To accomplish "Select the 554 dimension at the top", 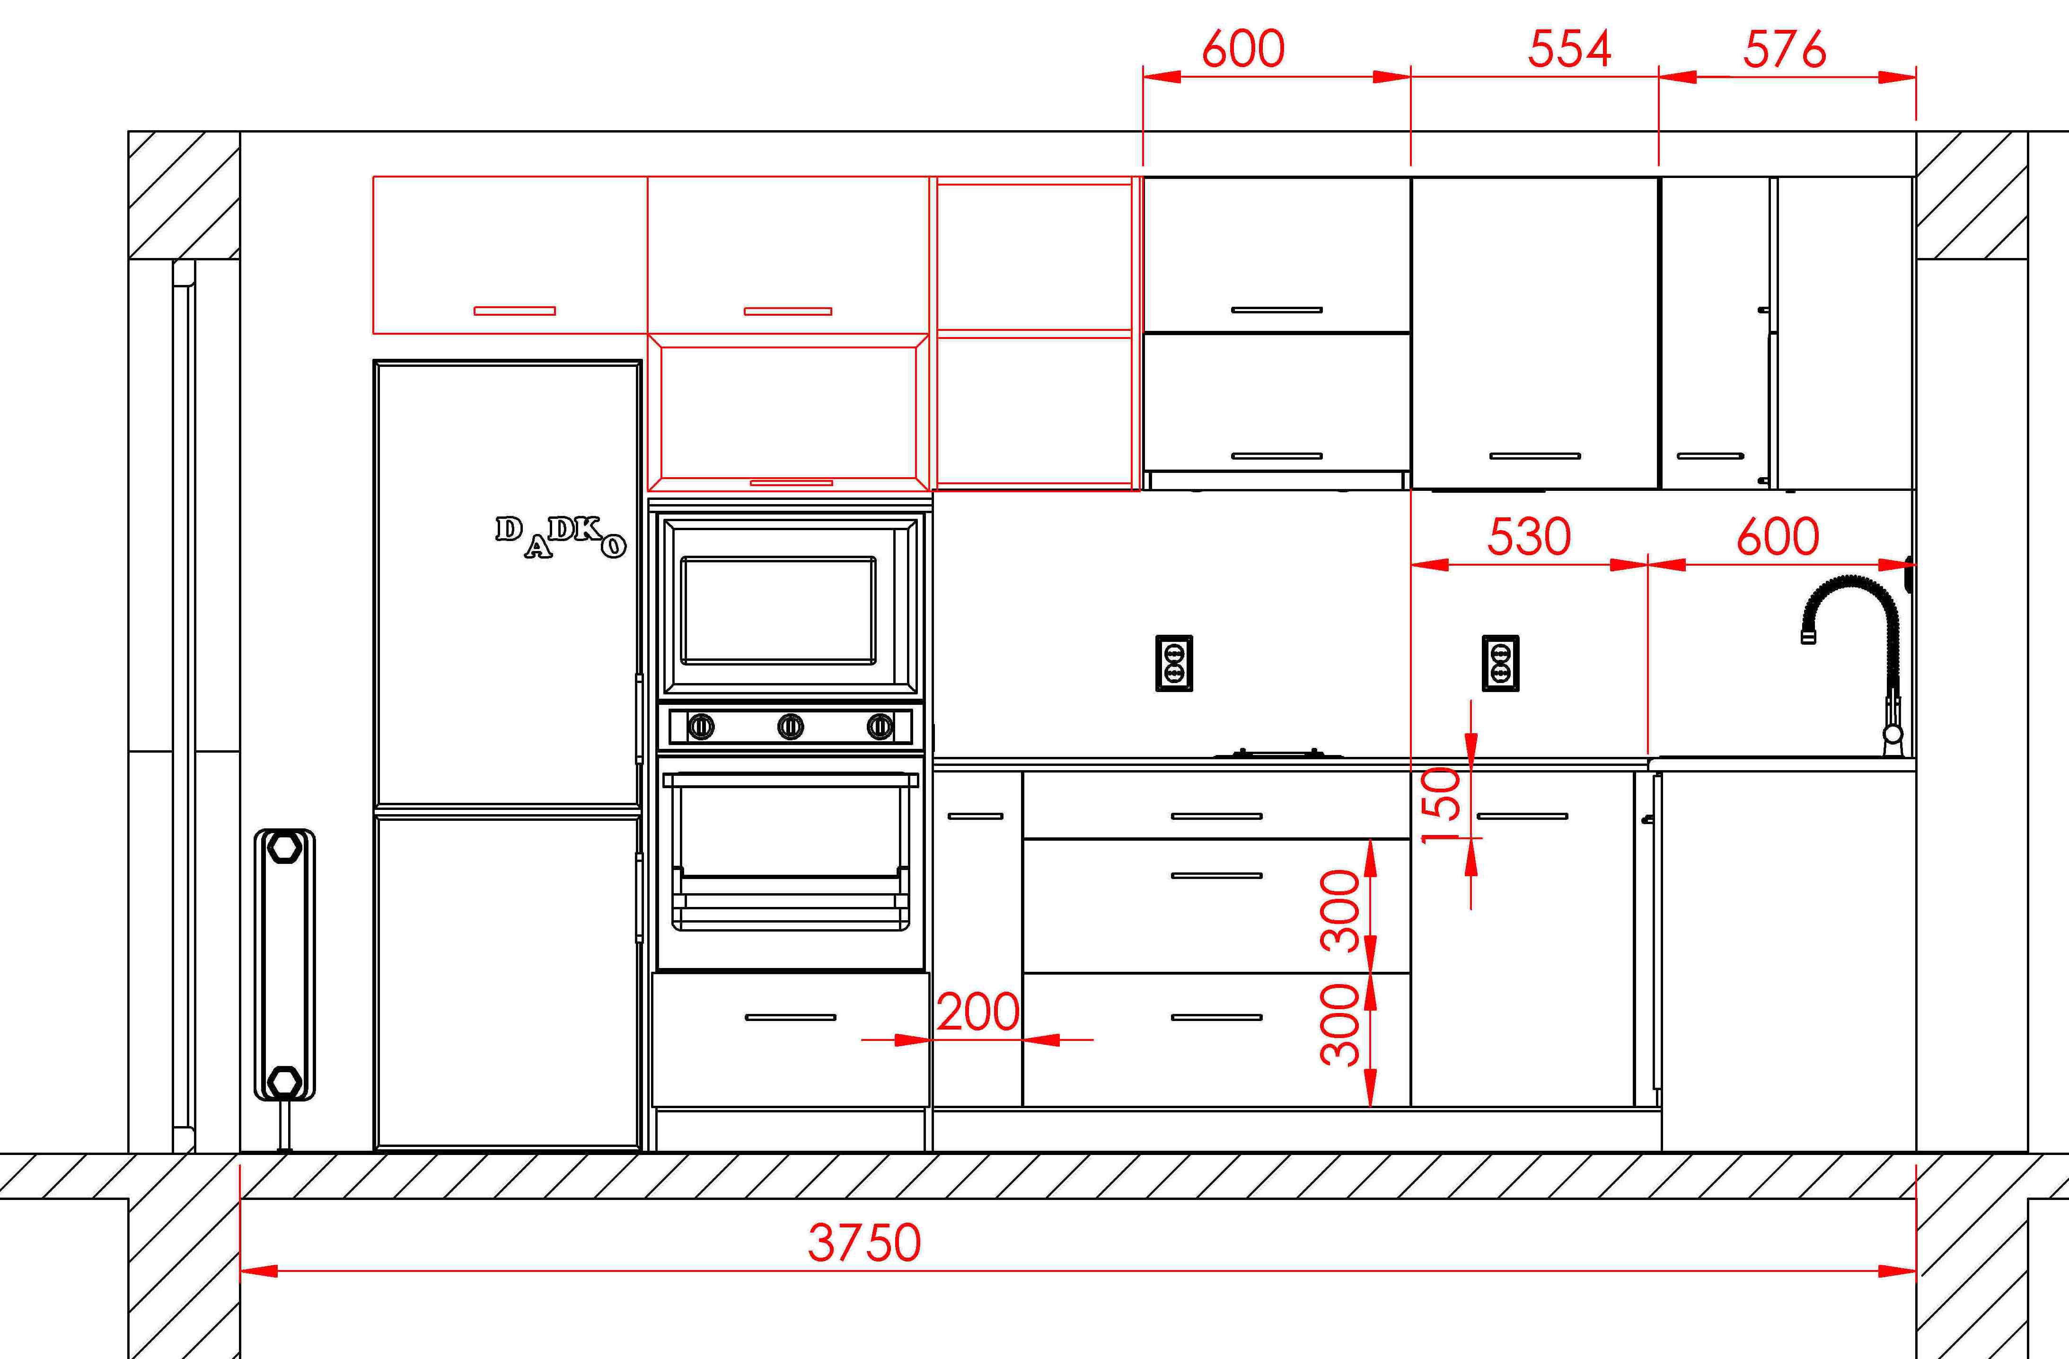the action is [x=1569, y=49].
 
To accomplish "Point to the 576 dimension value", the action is [x=1785, y=49].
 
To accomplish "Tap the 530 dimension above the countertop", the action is [x=1529, y=536].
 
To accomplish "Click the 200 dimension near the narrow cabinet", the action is [x=978, y=1012].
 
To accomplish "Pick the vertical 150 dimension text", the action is [x=1441, y=805].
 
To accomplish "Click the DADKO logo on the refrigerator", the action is [x=561, y=536].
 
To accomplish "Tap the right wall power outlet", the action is [x=1500, y=664].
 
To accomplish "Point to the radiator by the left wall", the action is [x=284, y=965].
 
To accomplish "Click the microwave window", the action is [x=778, y=610].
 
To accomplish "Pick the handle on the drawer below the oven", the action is [x=790, y=1017].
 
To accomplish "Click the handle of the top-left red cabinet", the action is [x=515, y=311].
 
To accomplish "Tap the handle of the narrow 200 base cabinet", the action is [x=976, y=817].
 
